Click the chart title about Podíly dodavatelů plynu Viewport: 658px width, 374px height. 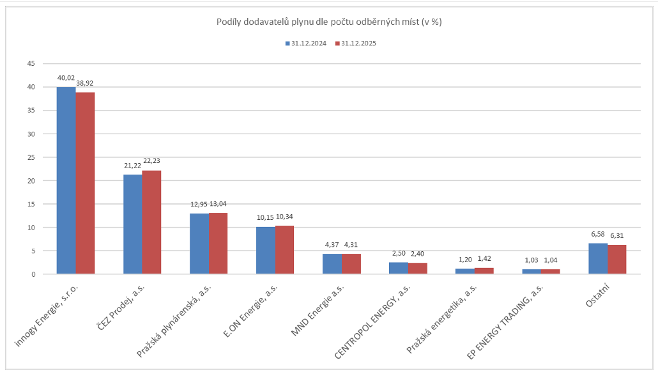tap(329, 22)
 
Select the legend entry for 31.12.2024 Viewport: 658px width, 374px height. tap(306, 43)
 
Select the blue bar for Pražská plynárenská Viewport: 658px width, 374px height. tap(199, 244)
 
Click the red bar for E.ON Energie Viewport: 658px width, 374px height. tap(284, 250)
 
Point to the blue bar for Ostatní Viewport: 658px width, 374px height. tap(598, 258)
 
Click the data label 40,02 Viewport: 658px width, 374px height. tap(66, 78)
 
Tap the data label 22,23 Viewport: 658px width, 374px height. tap(151, 162)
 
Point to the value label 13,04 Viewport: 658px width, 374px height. tap(218, 204)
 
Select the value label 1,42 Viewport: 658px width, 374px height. tap(484, 260)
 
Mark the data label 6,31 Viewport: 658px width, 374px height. tap(616, 235)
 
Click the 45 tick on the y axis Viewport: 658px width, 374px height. tap(31, 64)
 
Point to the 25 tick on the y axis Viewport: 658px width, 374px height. tap(31, 157)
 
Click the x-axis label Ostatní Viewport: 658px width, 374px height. tap(598, 296)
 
